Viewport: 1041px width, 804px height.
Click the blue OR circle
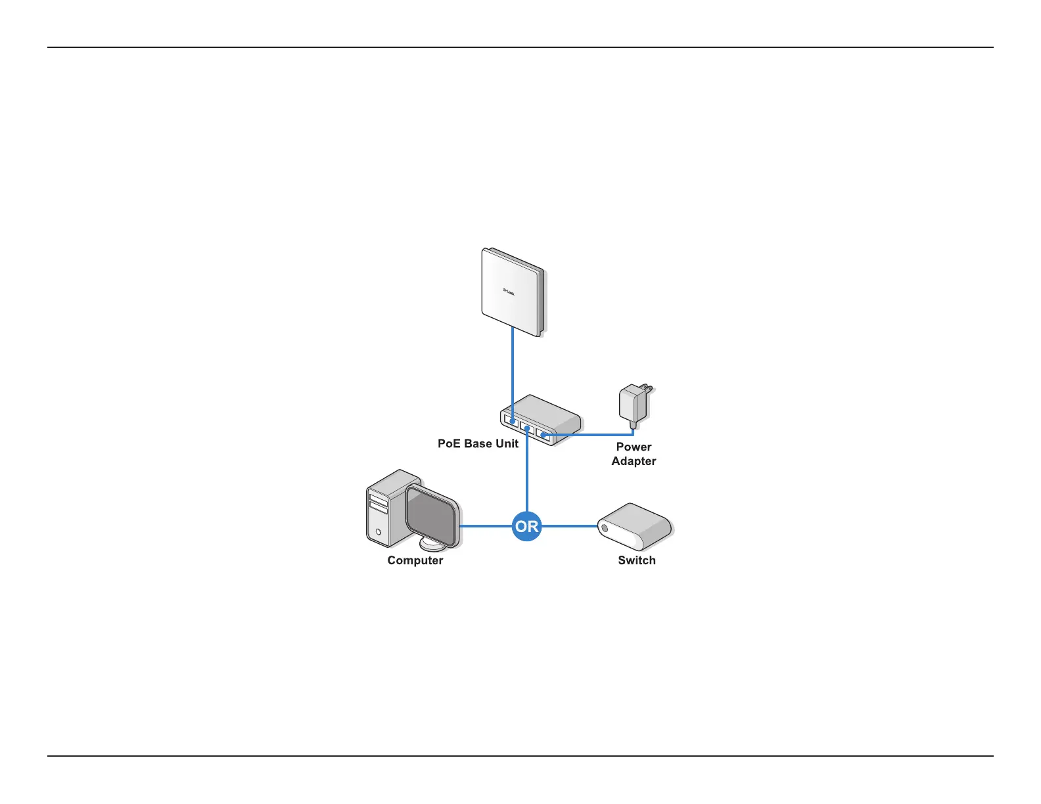coord(526,526)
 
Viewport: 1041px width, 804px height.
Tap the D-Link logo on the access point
coord(509,291)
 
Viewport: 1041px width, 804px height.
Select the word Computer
coord(415,560)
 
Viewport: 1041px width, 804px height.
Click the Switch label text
coord(636,560)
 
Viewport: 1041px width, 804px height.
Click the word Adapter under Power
coord(634,461)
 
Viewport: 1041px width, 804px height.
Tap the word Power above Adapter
coord(634,447)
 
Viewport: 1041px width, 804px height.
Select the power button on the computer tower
coord(378,531)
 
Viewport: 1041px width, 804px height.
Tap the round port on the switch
coord(605,527)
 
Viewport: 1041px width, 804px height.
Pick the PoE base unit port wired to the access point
coord(511,419)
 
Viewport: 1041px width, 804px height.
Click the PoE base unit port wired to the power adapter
coord(543,434)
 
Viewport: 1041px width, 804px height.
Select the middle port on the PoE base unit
coord(526,427)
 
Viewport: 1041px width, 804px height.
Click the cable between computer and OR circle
coord(486,526)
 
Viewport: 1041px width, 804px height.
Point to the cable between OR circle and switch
coord(569,526)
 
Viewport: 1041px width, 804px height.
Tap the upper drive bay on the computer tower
coord(378,497)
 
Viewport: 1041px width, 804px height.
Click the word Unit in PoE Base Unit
coord(507,444)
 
